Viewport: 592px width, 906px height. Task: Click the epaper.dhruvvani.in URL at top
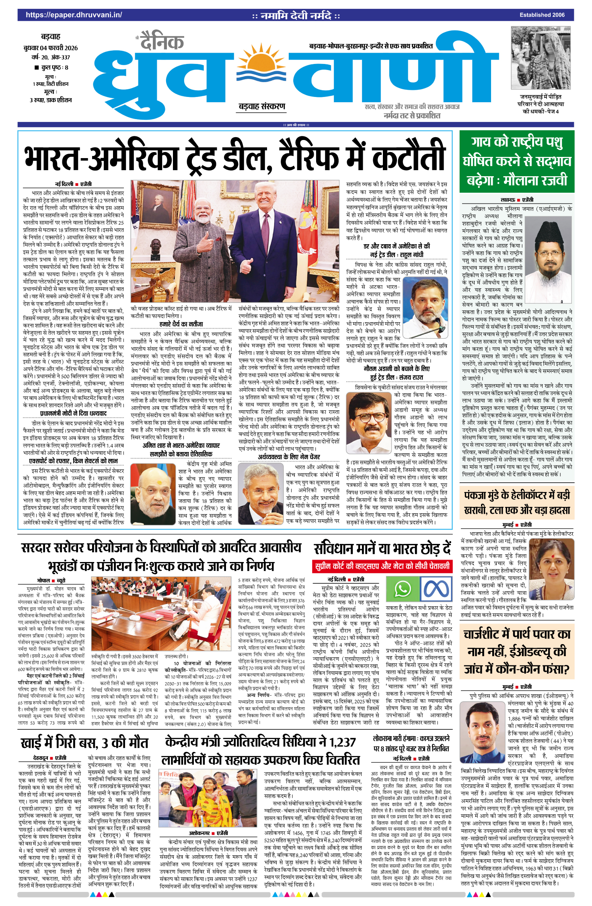pos(74,15)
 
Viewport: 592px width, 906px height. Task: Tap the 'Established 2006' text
pos(542,15)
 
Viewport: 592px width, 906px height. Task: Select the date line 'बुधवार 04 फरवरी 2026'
pos(51,48)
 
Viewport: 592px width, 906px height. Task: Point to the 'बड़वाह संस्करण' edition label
pos(262,107)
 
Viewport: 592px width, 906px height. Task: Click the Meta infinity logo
pos(436,589)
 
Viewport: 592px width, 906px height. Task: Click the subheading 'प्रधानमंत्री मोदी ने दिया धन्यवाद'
pos(73,414)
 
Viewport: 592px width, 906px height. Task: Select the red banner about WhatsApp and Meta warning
pos(382,566)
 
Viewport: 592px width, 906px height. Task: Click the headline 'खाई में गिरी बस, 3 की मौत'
pos(84,743)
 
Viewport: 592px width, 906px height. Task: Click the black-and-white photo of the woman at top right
pos(541,58)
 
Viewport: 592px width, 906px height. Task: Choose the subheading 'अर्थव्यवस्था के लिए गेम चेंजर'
pos(289,457)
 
